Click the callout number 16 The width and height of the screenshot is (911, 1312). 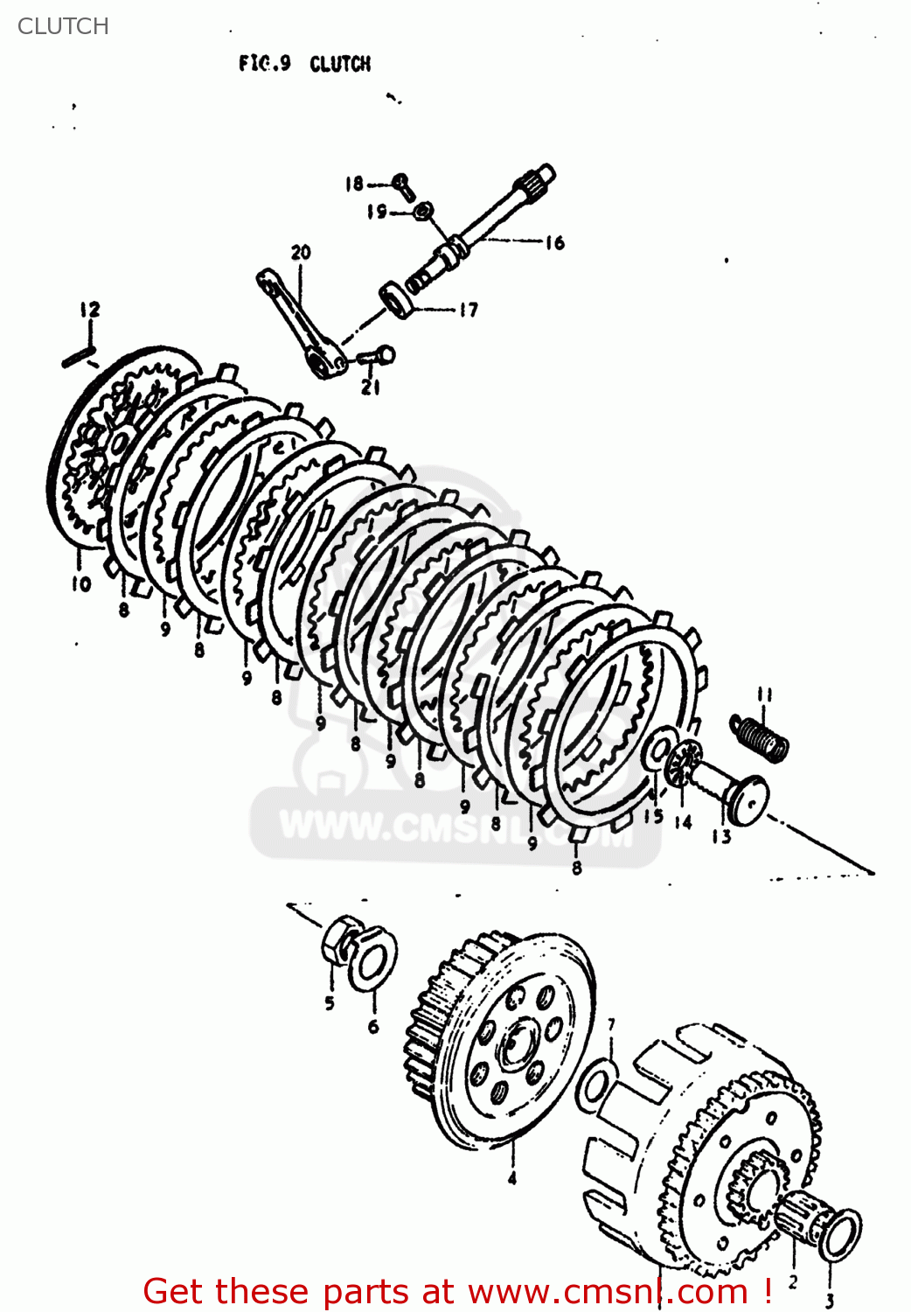(555, 242)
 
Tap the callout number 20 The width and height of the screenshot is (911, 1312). (300, 252)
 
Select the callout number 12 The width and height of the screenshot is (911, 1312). (89, 309)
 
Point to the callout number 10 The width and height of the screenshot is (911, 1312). (80, 583)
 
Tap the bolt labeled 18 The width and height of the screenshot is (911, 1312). (402, 183)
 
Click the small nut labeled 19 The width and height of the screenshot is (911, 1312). (423, 211)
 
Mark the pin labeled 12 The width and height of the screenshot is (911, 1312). (79, 357)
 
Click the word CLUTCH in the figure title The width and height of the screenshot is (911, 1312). (340, 64)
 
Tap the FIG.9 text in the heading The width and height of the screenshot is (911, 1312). (264, 64)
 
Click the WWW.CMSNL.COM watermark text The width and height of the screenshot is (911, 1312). (455, 827)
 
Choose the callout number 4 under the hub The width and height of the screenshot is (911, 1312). (512, 1178)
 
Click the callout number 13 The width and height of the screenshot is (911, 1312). (720, 837)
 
